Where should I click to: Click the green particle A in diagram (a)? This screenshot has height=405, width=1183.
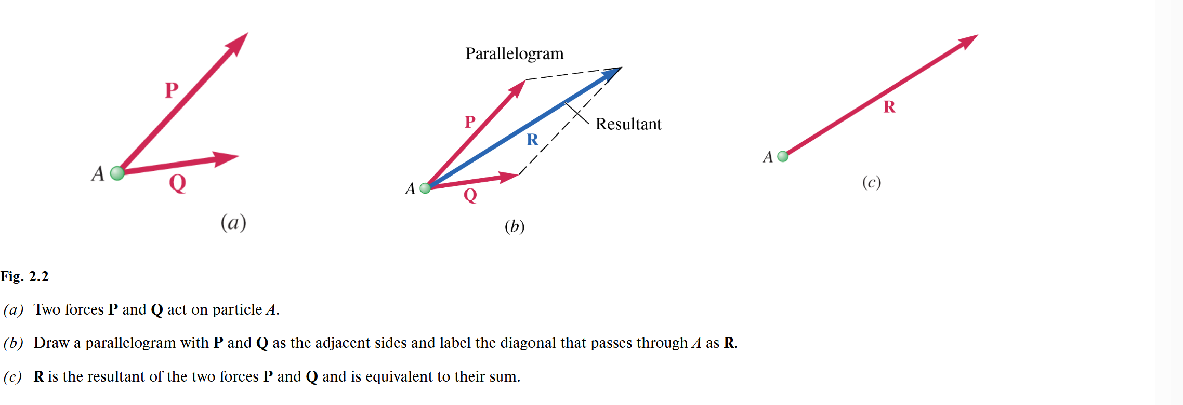[117, 173]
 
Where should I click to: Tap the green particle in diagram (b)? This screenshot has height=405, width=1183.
[425, 188]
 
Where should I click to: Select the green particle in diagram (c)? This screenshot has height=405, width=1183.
[783, 156]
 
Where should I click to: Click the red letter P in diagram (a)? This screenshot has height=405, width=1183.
[172, 90]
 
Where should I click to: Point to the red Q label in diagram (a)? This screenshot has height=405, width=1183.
[178, 183]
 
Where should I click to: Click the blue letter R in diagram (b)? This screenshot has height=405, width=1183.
[532, 140]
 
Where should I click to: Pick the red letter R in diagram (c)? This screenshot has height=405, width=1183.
[889, 107]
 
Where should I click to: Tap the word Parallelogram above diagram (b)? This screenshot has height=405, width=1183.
[514, 53]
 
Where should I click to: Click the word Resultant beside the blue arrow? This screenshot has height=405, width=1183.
[628, 124]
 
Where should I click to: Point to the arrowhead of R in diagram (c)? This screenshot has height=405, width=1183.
[967, 41]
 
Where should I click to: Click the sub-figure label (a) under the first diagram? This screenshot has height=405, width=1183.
[233, 222]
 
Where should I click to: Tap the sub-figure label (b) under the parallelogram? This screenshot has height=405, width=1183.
[515, 226]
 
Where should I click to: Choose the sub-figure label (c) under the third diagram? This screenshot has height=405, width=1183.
[871, 182]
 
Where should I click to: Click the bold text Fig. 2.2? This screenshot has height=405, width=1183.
[24, 276]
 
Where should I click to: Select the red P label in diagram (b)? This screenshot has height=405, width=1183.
[470, 122]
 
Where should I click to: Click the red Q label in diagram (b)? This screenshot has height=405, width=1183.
[470, 195]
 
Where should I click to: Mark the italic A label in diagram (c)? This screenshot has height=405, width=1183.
[768, 157]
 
